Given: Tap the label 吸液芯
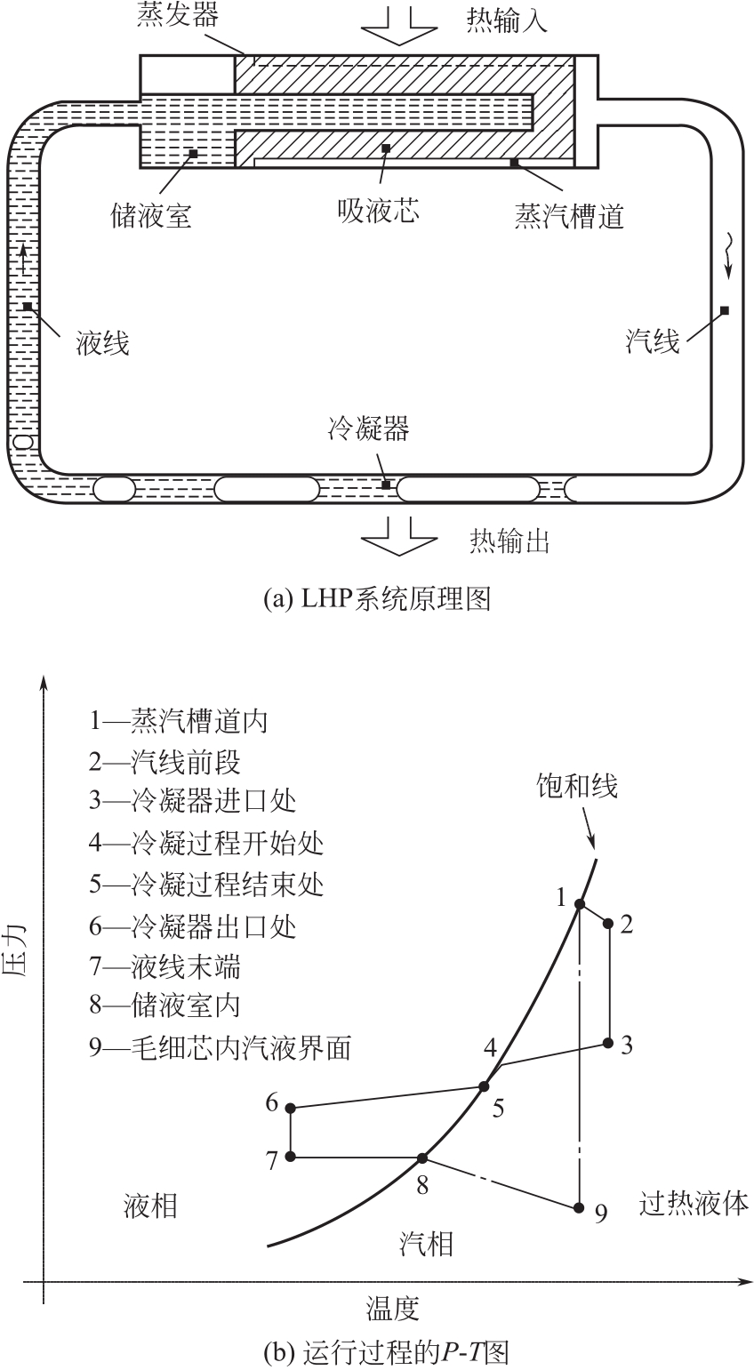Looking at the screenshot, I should (x=378, y=211).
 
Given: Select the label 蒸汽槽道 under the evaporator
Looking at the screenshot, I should (x=568, y=216).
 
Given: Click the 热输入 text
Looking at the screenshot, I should (x=507, y=21).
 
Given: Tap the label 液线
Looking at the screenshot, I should (x=102, y=342).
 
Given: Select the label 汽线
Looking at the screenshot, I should (x=653, y=340).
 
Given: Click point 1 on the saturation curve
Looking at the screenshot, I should (x=579, y=904).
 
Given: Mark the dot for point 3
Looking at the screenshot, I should (x=609, y=1043).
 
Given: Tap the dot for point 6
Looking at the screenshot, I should (x=291, y=1108).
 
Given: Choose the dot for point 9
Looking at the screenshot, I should (x=579, y=1207).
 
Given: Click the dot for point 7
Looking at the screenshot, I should (x=291, y=1158).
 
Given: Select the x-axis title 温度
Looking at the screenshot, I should (x=392, y=1308).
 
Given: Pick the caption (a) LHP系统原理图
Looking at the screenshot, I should (x=377, y=599).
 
